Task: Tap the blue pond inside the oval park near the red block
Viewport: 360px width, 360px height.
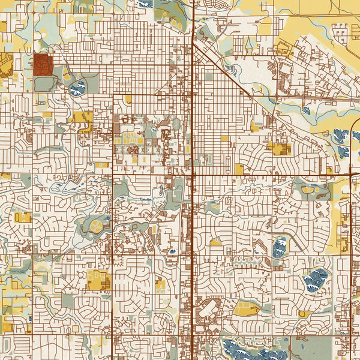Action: [78, 89]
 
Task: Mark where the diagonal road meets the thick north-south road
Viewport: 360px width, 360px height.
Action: [193, 43]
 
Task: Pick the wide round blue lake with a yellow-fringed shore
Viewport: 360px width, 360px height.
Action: [316, 278]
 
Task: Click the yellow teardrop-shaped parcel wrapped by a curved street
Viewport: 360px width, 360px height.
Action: [245, 308]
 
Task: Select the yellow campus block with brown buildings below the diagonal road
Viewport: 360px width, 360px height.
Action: [279, 148]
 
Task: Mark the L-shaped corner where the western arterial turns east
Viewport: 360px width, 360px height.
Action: [114, 94]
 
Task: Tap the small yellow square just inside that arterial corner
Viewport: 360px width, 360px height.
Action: [127, 100]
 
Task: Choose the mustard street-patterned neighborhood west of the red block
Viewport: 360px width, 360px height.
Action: [6, 65]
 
